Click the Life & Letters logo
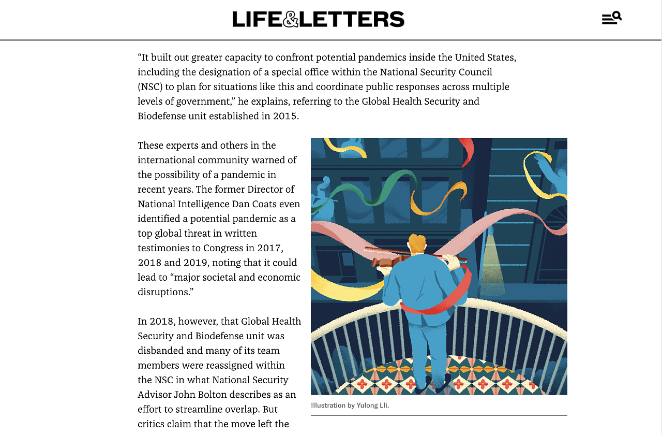click(x=318, y=19)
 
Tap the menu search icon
click(x=611, y=18)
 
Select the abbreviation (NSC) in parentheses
click(x=149, y=86)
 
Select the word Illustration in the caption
click(x=328, y=405)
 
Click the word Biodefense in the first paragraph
click(x=161, y=115)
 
